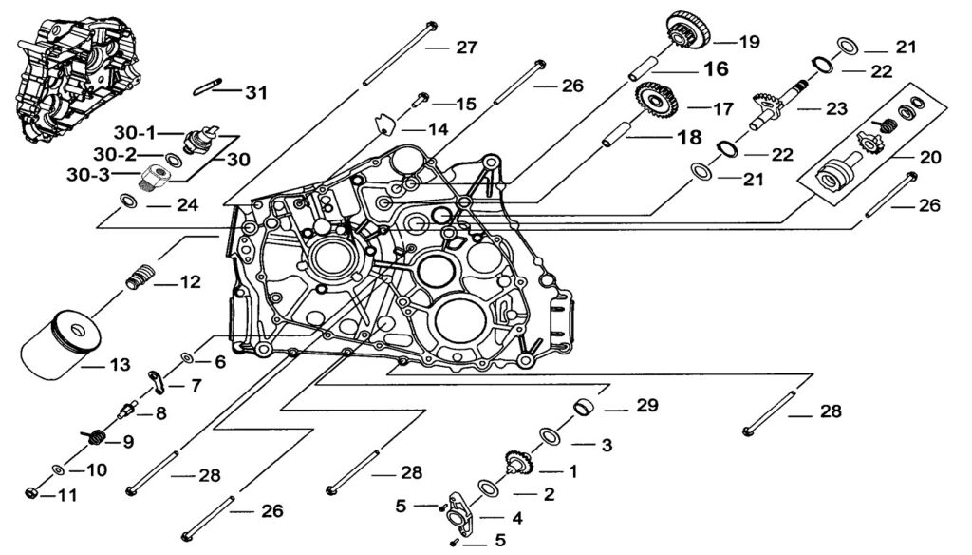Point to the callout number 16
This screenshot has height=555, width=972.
coord(715,69)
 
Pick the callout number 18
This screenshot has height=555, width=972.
coord(688,138)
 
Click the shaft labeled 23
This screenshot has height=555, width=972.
coord(773,109)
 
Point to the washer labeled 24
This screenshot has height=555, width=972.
coord(126,201)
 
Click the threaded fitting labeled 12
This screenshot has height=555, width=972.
coord(140,278)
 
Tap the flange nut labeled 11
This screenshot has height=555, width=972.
coord(32,494)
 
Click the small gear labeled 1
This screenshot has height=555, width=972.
coord(519,463)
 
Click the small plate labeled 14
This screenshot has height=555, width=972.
coord(383,123)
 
